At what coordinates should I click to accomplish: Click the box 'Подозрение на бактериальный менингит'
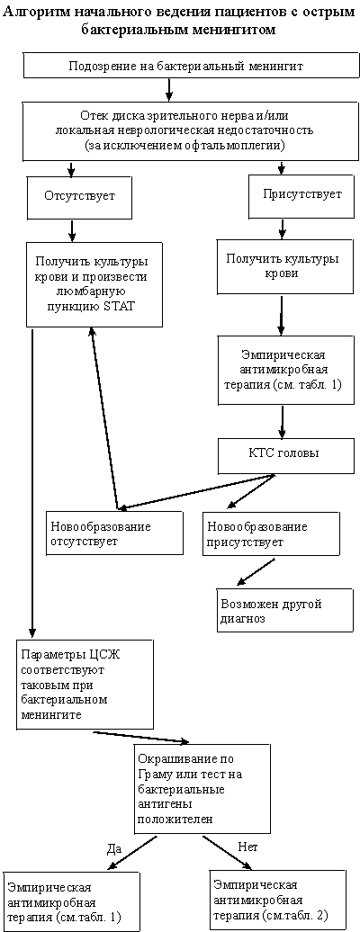click(185, 66)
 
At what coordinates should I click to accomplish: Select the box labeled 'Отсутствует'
click(72, 196)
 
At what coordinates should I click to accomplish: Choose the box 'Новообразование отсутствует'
click(115, 533)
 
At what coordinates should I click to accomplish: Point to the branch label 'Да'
click(113, 847)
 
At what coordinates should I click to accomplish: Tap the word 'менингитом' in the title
click(237, 31)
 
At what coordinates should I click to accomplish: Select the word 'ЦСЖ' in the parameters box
click(113, 655)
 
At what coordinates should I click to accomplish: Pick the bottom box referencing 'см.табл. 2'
click(278, 900)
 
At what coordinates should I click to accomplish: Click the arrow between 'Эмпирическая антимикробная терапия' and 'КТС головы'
click(283, 423)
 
